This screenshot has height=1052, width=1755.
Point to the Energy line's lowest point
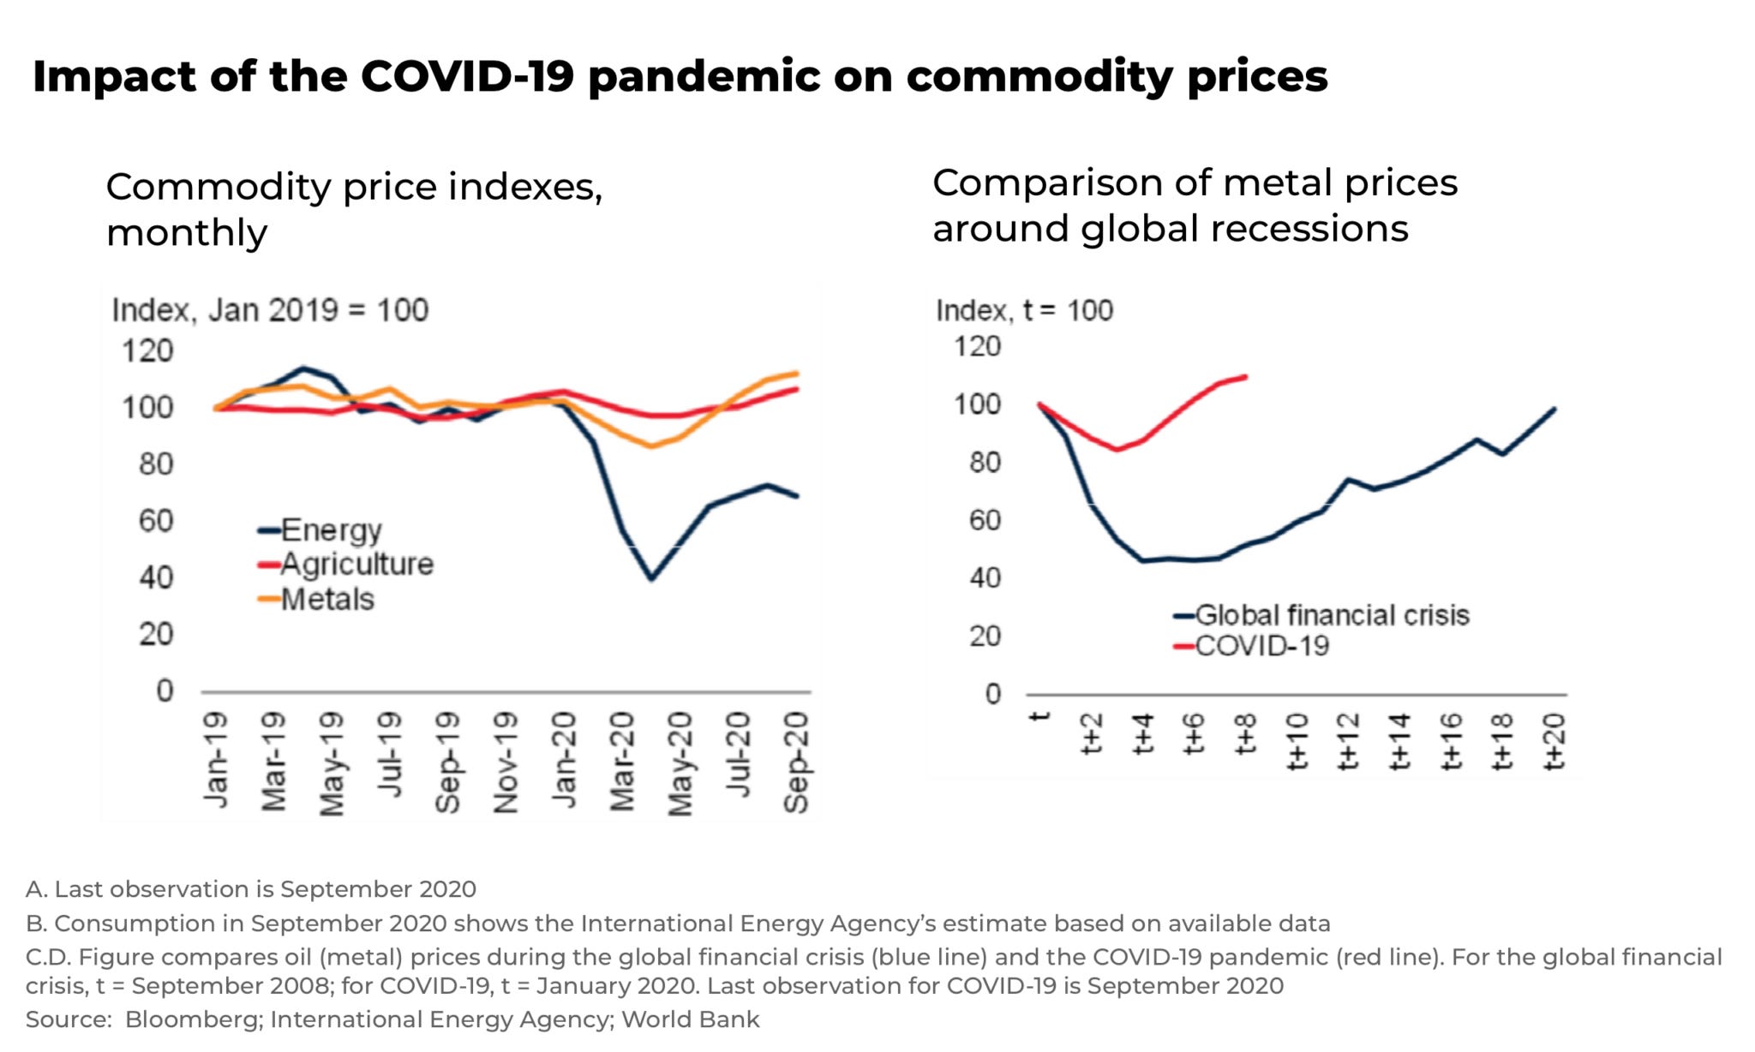651,579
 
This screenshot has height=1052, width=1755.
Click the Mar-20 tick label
622,761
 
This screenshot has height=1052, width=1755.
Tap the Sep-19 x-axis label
447,761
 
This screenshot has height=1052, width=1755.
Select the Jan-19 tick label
216,761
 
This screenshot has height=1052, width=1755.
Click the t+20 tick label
1554,742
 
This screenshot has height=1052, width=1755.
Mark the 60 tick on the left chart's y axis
155,521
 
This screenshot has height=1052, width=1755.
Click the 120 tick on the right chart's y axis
977,347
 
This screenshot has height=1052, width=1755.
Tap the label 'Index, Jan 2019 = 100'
270,310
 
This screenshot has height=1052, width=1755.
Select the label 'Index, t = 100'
1024,310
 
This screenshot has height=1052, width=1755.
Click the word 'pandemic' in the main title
703,76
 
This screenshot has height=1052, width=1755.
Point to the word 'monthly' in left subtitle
187,233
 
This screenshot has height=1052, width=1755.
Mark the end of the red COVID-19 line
1246,376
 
